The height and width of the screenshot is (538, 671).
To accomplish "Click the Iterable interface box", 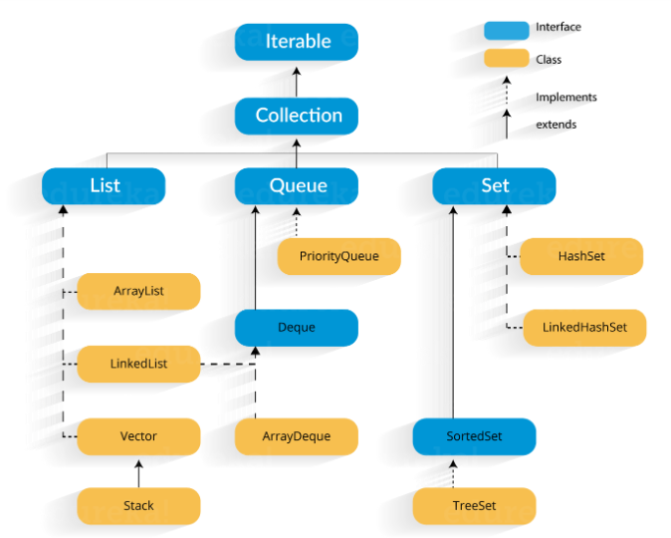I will pyautogui.click(x=296, y=42).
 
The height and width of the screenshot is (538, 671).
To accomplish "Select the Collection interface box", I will pyautogui.click(x=296, y=116).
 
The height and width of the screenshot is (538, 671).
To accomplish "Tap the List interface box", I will pyautogui.click(x=104, y=186).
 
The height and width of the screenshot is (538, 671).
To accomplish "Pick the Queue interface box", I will pyautogui.click(x=296, y=186).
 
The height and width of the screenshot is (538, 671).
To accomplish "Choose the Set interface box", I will pyautogui.click(x=494, y=186).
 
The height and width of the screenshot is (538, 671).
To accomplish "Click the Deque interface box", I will pyautogui.click(x=296, y=328).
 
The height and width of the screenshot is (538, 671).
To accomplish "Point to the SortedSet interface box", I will pyautogui.click(x=474, y=436).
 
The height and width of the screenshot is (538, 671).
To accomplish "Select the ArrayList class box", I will pyautogui.click(x=138, y=291).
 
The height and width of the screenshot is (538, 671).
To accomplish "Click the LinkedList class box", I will pyautogui.click(x=138, y=364).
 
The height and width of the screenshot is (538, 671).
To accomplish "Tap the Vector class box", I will pyautogui.click(x=138, y=436).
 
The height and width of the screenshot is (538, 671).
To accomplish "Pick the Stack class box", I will pyautogui.click(x=138, y=505).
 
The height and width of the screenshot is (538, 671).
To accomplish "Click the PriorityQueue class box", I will pyautogui.click(x=338, y=256).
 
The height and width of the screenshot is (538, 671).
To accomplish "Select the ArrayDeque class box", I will pyautogui.click(x=296, y=436).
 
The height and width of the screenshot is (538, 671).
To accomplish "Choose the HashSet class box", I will pyautogui.click(x=581, y=256).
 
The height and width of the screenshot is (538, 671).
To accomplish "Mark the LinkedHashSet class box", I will pyautogui.click(x=584, y=328).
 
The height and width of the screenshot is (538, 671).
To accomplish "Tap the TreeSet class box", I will pyautogui.click(x=474, y=505).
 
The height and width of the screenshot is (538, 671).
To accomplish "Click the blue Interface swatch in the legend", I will pyautogui.click(x=507, y=29).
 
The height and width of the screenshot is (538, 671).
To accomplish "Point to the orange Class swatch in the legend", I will pyautogui.click(x=507, y=59).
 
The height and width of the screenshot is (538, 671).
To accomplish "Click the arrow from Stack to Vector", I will pyautogui.click(x=138, y=472).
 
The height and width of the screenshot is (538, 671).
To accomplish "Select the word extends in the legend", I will pyautogui.click(x=556, y=125).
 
